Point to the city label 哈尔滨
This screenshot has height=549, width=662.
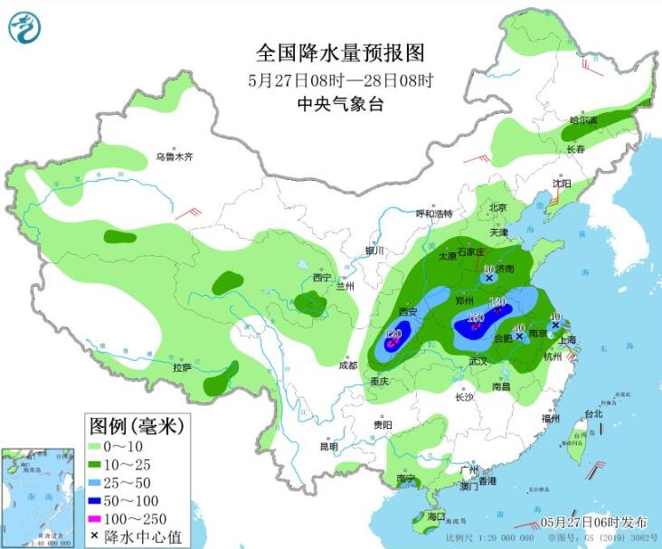point(583,119)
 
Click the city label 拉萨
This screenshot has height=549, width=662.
point(182,368)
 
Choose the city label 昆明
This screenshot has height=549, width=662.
point(328,446)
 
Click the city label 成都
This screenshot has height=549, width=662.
point(347,365)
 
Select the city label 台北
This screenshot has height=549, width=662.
point(592,414)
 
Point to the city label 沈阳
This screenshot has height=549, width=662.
point(562,184)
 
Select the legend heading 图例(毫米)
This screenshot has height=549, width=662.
point(135,424)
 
